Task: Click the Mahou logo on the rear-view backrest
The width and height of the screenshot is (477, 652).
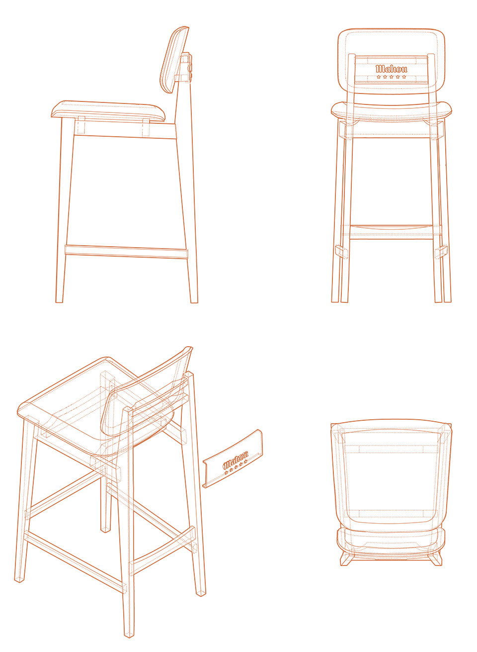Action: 391,69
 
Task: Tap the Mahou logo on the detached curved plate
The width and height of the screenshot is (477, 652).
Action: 236,460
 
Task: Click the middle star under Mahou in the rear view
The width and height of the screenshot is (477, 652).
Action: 391,77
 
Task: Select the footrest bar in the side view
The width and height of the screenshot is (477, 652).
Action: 126,252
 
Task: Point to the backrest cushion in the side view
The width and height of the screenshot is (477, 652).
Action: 174,60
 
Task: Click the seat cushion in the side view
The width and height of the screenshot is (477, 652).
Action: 108,111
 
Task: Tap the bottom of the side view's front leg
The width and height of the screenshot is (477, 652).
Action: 59,301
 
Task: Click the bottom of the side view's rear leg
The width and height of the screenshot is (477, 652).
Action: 194,301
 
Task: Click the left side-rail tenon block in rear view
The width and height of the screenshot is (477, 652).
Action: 342,252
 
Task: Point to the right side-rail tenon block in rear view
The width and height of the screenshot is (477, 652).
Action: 441,252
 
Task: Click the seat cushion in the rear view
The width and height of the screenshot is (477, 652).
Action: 391,111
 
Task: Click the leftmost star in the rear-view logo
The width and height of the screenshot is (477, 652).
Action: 379,77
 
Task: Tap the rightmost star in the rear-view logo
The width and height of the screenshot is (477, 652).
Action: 404,77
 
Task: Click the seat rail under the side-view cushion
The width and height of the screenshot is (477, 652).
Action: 125,129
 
